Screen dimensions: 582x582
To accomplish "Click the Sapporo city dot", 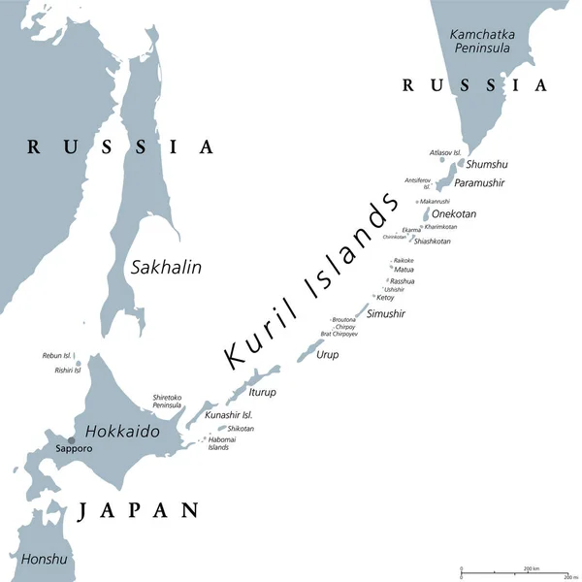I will (x=70, y=440).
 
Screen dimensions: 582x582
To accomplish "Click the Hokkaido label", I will (x=122, y=429).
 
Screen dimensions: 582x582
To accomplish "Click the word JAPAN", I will (x=139, y=510).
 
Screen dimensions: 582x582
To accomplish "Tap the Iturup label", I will (x=263, y=392).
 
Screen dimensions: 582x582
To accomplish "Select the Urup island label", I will (x=328, y=355).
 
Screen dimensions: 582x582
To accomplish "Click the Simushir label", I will (x=385, y=313).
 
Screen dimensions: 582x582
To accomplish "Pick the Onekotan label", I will (x=454, y=213).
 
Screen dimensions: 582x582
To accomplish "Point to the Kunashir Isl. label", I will (x=229, y=414).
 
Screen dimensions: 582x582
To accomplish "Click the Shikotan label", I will (x=241, y=428).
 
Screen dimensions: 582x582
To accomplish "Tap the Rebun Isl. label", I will (x=57, y=356).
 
